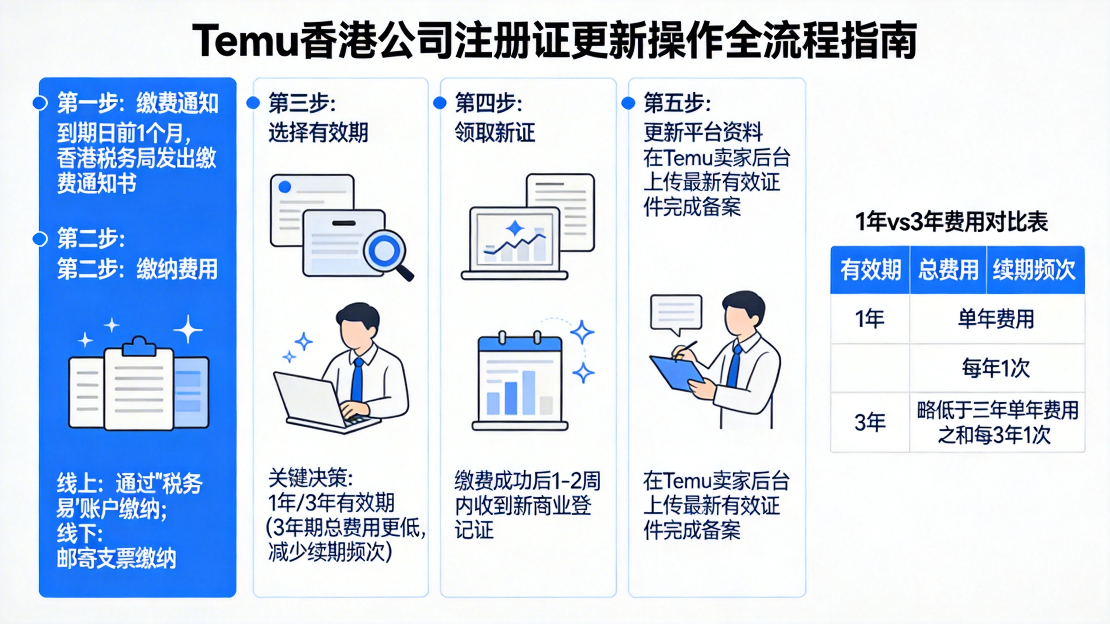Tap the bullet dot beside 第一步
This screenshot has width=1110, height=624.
click(x=40, y=103)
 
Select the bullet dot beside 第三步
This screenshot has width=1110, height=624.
click(x=253, y=103)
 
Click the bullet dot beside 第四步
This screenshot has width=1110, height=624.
click(x=440, y=103)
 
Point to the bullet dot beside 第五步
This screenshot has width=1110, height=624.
click(x=628, y=103)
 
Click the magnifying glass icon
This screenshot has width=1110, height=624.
click(x=385, y=252)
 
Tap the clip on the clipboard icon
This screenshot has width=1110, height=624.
click(x=138, y=347)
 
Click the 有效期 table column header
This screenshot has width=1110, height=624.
click(x=870, y=270)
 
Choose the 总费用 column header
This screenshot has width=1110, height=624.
click(x=948, y=270)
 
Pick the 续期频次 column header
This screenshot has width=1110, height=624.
click(x=1035, y=270)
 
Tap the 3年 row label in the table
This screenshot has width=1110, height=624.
click(x=870, y=422)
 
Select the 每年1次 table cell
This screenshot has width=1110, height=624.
click(x=996, y=369)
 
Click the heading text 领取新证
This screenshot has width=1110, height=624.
click(x=495, y=133)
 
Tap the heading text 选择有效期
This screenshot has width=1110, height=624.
click(x=318, y=133)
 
